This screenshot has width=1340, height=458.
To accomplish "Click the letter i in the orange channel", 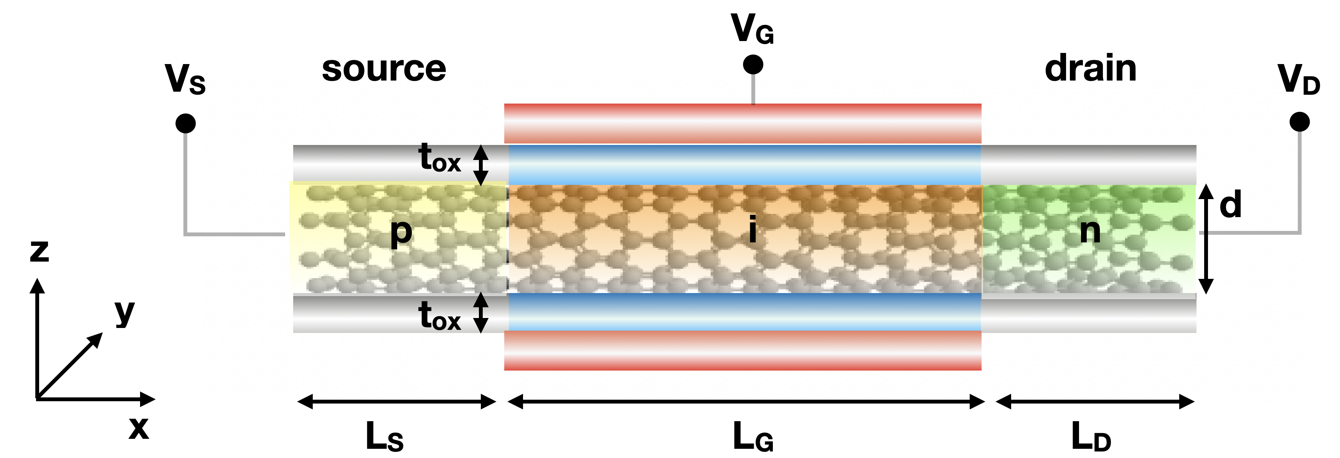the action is (752, 229).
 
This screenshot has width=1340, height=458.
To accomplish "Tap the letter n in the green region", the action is (1090, 231).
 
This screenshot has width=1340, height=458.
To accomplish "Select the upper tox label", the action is (439, 158).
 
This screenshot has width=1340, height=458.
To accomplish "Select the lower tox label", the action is (439, 316).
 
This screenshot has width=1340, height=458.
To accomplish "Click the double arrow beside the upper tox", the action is (481, 165).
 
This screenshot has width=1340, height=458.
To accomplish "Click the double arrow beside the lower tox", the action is (481, 313).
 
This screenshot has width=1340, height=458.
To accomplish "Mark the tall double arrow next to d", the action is (1206, 239).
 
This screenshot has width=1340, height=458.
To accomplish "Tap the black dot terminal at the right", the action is (1299, 122).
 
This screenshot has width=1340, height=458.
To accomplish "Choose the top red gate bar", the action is (742, 124).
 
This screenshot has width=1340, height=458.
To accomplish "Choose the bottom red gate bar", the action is (742, 350).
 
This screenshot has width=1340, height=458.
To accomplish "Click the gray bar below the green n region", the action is (1088, 313).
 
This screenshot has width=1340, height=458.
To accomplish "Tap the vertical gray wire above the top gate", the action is (753, 92).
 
